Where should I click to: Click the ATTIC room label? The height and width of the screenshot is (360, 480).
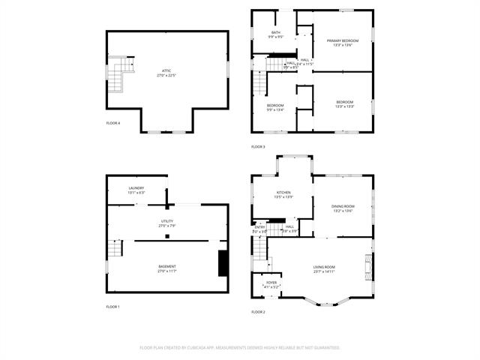coord(166,73)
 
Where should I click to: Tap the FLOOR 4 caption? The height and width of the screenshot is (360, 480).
coord(112,123)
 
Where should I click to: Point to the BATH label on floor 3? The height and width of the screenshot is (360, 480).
coord(276,34)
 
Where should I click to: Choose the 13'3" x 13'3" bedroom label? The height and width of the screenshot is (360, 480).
coord(344,103)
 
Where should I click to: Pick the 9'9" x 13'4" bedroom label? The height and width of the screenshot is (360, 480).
coord(275,107)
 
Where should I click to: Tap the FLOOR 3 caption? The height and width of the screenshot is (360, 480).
coord(258,146)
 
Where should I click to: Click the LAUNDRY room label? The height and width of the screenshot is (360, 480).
coord(136,190)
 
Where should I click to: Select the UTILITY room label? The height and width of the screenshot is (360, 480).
coord(166,223)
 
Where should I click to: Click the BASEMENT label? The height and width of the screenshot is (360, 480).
coord(166,268)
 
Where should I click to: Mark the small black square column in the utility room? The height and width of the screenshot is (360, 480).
coord(166,236)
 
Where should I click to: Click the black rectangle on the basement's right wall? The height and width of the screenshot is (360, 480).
coord(222,264)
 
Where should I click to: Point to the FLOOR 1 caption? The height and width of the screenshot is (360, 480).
coord(112,307)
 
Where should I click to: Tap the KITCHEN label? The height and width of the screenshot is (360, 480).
coord(283,194)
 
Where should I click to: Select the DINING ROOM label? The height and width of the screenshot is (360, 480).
coord(343,208)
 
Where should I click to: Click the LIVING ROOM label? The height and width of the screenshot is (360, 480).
coord(324,268)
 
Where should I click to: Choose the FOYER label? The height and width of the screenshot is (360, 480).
coord(271,284)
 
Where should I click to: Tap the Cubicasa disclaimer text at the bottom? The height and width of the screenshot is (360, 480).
coord(240,347)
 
